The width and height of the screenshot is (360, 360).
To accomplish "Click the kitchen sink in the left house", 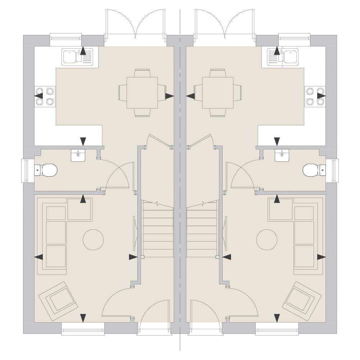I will click(77, 57).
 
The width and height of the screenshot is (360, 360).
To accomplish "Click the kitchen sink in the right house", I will click(283, 57).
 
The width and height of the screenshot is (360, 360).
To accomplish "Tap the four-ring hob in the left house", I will click(45, 96).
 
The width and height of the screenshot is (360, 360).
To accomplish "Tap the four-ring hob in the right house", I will click(315, 96).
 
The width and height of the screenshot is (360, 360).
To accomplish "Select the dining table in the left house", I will click(142, 93).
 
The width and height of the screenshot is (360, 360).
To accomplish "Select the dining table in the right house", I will click(218, 93).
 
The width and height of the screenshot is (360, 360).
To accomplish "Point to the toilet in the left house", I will click(47, 170).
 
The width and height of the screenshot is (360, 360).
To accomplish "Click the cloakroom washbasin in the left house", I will click(78, 155).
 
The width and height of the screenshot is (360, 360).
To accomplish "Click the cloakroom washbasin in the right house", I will click(282, 155).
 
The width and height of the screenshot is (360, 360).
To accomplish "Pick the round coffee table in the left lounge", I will click(93, 239).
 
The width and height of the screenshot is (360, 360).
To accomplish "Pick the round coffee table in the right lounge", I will click(266, 239).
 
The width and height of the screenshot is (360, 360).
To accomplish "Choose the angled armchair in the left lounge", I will click(59, 298).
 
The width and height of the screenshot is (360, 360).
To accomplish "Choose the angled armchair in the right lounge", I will click(301, 298).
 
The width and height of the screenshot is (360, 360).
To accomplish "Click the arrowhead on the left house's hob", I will click(38, 96).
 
